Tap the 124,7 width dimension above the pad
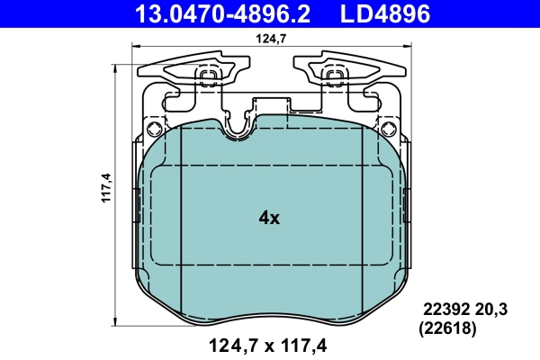tap(265, 38)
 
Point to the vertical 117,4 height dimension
tap(104, 186)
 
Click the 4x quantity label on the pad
tap(269, 217)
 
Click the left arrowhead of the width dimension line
tap(135, 49)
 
